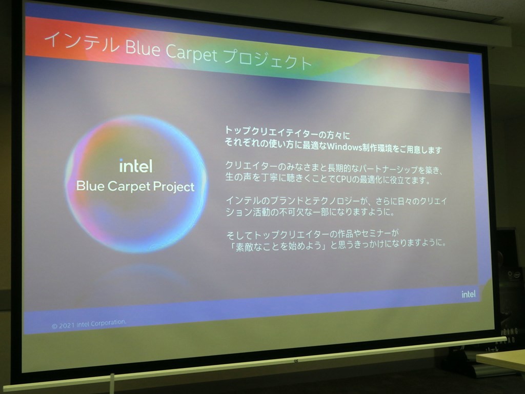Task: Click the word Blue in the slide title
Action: (x=143, y=48)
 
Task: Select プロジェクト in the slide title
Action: (x=267, y=60)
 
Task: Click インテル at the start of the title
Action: (x=82, y=43)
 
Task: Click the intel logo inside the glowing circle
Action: (x=136, y=166)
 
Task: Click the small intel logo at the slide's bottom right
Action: (x=469, y=294)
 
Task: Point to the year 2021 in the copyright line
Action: (x=67, y=325)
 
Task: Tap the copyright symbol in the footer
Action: (x=54, y=326)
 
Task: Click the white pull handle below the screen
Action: (x=112, y=383)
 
